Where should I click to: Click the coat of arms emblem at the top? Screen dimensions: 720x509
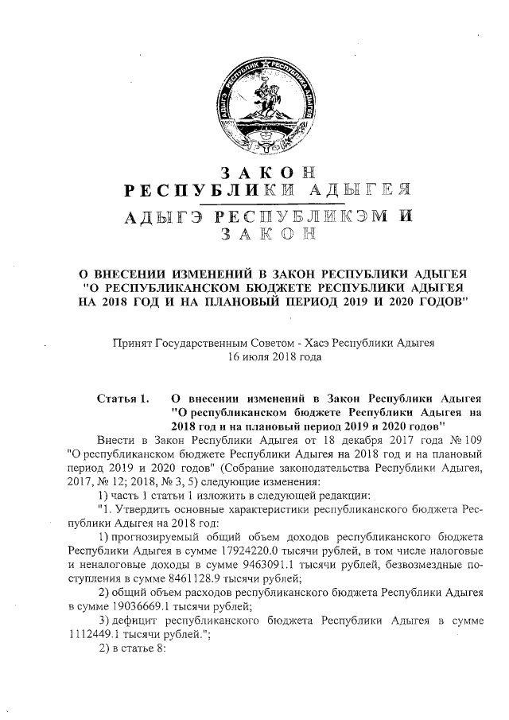pos(255,103)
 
